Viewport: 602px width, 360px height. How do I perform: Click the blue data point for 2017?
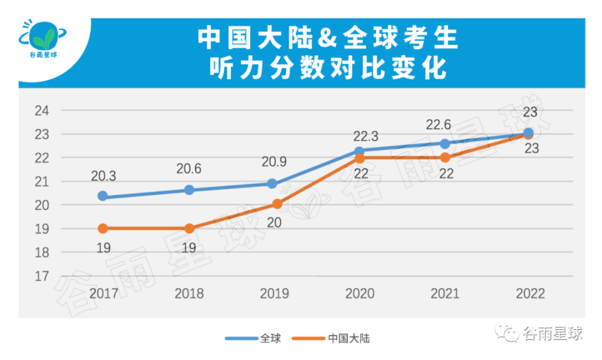[x=103, y=196]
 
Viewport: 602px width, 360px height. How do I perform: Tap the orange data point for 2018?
[x=189, y=228]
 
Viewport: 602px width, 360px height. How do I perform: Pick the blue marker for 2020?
[x=359, y=151]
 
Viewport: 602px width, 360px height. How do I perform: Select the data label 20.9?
[x=275, y=162]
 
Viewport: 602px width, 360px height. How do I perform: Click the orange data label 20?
[x=274, y=222]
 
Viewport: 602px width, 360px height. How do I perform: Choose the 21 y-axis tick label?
[x=41, y=182]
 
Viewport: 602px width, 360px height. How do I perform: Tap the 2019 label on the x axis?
[x=274, y=294]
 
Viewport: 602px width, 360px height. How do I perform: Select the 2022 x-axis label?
[x=530, y=294]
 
